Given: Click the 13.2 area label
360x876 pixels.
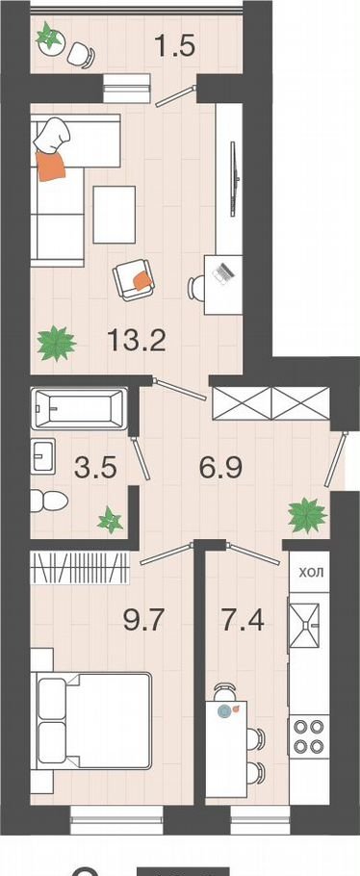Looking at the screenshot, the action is click(x=137, y=340).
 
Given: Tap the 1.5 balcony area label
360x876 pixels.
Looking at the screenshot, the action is click(x=174, y=45).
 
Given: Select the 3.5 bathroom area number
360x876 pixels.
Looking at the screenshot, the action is click(x=95, y=467).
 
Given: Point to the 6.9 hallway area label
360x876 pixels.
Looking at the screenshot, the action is click(x=220, y=467).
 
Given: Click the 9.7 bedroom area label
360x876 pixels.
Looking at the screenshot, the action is click(x=142, y=620).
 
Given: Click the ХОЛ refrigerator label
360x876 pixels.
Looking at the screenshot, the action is click(x=311, y=572).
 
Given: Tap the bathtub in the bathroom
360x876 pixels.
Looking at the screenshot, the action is click(x=79, y=408).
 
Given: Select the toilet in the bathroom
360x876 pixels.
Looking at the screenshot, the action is click(x=49, y=502).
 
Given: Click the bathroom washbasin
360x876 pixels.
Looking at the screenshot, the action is click(x=43, y=454).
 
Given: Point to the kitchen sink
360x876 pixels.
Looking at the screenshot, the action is click(x=303, y=625).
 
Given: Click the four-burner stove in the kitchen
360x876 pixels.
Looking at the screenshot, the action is click(x=309, y=736).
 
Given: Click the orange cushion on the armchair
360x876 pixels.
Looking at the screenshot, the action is click(x=143, y=279).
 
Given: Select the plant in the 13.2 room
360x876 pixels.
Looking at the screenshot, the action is click(x=56, y=343).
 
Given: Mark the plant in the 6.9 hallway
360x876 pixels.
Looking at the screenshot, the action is click(x=307, y=515).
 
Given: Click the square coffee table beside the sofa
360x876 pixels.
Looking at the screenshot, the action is click(x=115, y=215).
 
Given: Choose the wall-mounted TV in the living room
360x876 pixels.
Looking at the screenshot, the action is click(x=235, y=179).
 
